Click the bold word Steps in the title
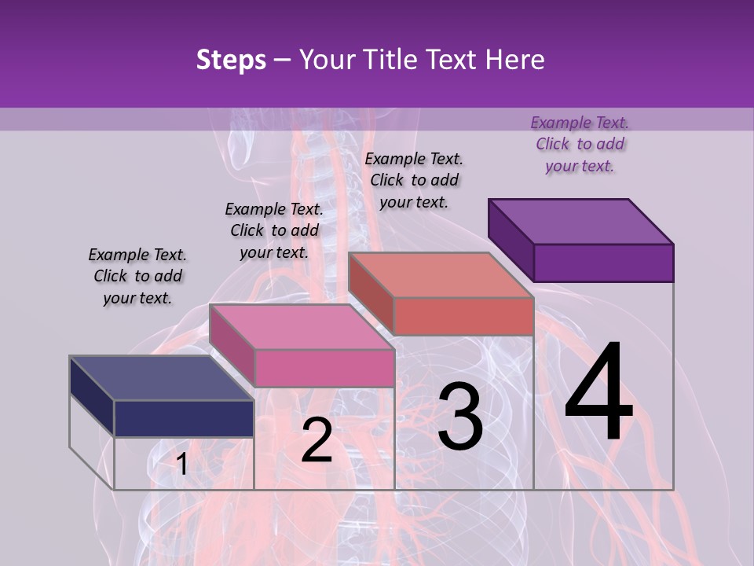click(x=231, y=60)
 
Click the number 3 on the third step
click(x=460, y=417)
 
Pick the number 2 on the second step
click(x=317, y=440)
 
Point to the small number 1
click(x=181, y=465)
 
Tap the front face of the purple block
click(x=603, y=263)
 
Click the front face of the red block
click(x=463, y=316)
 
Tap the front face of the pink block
click(x=324, y=368)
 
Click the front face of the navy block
click(x=184, y=418)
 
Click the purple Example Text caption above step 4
click(x=580, y=144)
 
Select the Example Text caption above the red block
click(x=414, y=180)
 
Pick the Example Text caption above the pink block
click(x=274, y=230)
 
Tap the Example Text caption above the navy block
click(x=137, y=276)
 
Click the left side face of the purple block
click(x=511, y=240)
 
